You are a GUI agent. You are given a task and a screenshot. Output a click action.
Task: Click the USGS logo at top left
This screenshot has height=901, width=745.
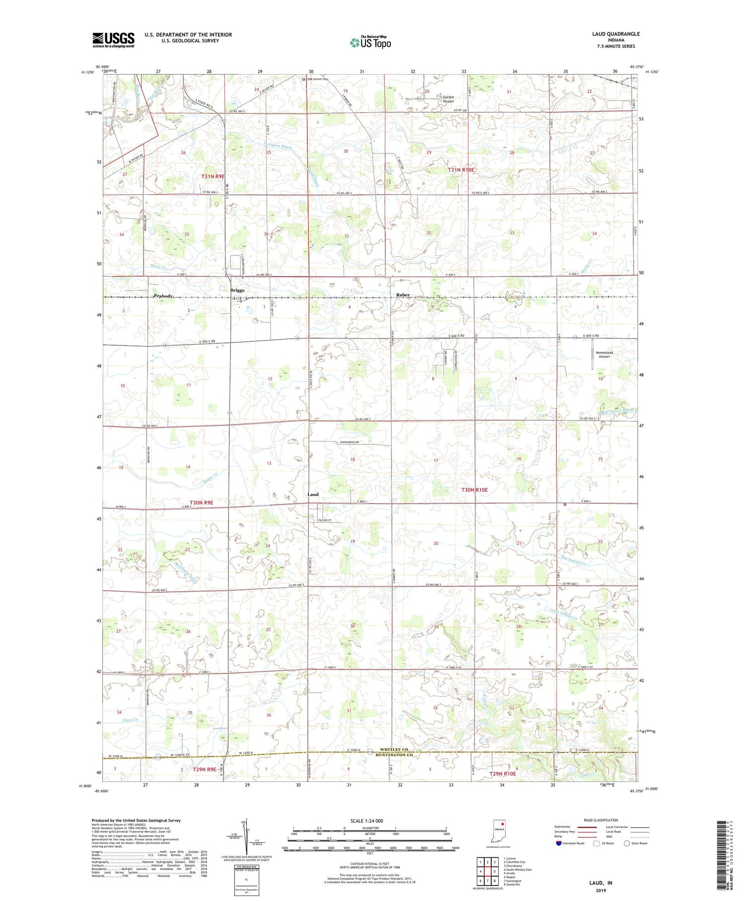[x=113, y=40]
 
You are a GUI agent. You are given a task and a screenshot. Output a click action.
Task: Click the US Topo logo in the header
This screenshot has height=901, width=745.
[x=370, y=43]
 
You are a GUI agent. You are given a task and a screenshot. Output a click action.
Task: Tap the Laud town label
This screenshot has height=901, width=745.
[x=313, y=494]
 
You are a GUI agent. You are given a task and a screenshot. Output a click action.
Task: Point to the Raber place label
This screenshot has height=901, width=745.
[x=403, y=295]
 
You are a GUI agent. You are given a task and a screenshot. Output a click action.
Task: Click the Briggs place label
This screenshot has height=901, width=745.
[x=237, y=290]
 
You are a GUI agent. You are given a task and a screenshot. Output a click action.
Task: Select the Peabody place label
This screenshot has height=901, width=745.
[x=163, y=296]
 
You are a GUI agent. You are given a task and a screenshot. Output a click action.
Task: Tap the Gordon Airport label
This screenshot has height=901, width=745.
[x=448, y=99]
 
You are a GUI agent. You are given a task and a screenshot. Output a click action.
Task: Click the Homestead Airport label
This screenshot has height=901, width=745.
[x=604, y=354]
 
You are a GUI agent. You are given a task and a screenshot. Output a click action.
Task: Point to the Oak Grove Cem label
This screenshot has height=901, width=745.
[x=318, y=79]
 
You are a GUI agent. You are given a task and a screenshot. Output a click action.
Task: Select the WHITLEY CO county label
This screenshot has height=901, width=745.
[x=394, y=749]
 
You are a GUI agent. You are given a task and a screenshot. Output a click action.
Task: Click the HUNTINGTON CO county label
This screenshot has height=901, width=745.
[x=394, y=755]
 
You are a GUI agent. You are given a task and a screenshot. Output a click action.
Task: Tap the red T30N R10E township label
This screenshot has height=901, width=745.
[x=475, y=490]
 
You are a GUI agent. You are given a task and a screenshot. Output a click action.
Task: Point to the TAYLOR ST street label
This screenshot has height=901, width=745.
[x=325, y=520]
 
